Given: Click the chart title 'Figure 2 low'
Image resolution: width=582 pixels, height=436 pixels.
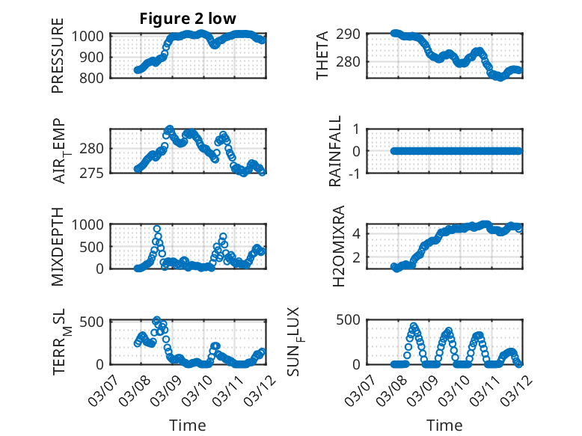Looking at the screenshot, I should pos(188,19).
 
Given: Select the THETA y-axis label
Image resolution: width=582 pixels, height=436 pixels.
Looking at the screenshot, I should pos(322,56).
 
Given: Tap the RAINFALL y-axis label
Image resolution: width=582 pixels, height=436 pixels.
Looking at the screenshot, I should pos(336,151).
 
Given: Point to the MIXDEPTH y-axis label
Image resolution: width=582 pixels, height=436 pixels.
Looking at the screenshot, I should pos(58,247).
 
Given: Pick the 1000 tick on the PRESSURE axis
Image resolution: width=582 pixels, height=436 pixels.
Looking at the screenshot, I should pos(91,35).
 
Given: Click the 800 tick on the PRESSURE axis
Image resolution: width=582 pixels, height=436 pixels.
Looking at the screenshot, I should pos(94,77).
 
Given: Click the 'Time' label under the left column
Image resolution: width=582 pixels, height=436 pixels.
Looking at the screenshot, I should pos(188,425).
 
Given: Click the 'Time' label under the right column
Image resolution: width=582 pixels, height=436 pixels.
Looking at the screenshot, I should pos(444,425).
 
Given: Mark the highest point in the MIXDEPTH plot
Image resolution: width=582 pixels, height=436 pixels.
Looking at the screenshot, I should pos(157,229).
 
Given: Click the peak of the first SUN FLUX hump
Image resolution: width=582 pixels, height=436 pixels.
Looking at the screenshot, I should pos(414,326).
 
